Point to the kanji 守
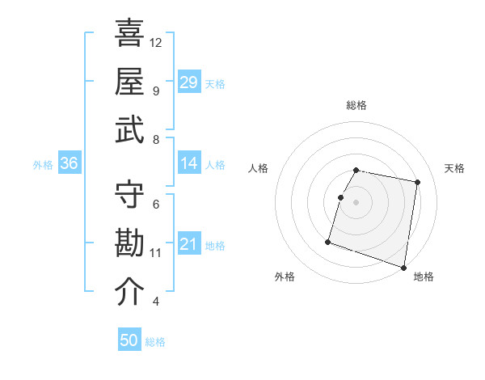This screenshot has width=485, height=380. coord(129,194)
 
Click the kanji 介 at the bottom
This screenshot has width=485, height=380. coord(129,292)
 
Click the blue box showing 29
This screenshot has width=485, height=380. coord(188,82)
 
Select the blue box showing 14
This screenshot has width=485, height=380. coord(188,163)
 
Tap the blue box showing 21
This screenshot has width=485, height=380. coord(188,244)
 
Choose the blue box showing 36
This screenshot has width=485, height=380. coord(69,163)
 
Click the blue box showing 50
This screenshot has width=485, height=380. coord(129,340)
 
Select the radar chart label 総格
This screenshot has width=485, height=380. coord(356,105)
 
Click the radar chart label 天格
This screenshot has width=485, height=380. coord(454,168)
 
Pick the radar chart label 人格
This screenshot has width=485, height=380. coord(259,168)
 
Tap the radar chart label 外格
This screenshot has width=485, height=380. coord(285,277)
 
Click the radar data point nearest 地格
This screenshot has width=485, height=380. coord(404,267)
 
